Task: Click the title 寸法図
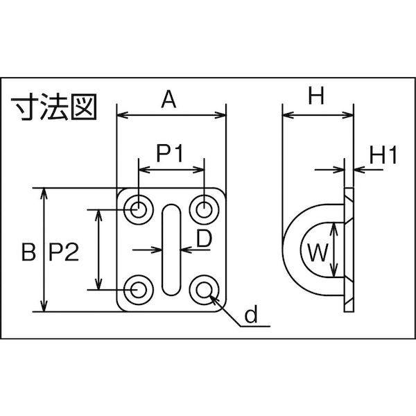pyautogui.click(x=54, y=107)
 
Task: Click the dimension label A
pyautogui.click(x=168, y=99)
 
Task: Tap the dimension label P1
pyautogui.click(x=170, y=153)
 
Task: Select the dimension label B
pyautogui.click(x=28, y=252)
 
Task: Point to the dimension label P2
pyautogui.click(x=64, y=252)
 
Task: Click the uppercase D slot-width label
pyautogui.click(x=205, y=239)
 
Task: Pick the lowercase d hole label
pyautogui.click(x=251, y=313)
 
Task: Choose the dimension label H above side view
pyautogui.click(x=316, y=96)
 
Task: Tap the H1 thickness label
pyautogui.click(x=383, y=155)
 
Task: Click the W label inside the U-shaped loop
pyautogui.click(x=318, y=252)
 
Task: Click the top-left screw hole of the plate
pyautogui.click(x=139, y=209)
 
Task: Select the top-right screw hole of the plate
pyautogui.click(x=204, y=209)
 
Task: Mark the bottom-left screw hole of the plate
pyautogui.click(x=139, y=289)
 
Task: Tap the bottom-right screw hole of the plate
pyautogui.click(x=204, y=289)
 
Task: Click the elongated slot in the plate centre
pyautogui.click(x=171, y=250)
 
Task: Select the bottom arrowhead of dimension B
pyautogui.click(x=44, y=306)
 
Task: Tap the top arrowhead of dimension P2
pyautogui.click(x=98, y=216)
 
